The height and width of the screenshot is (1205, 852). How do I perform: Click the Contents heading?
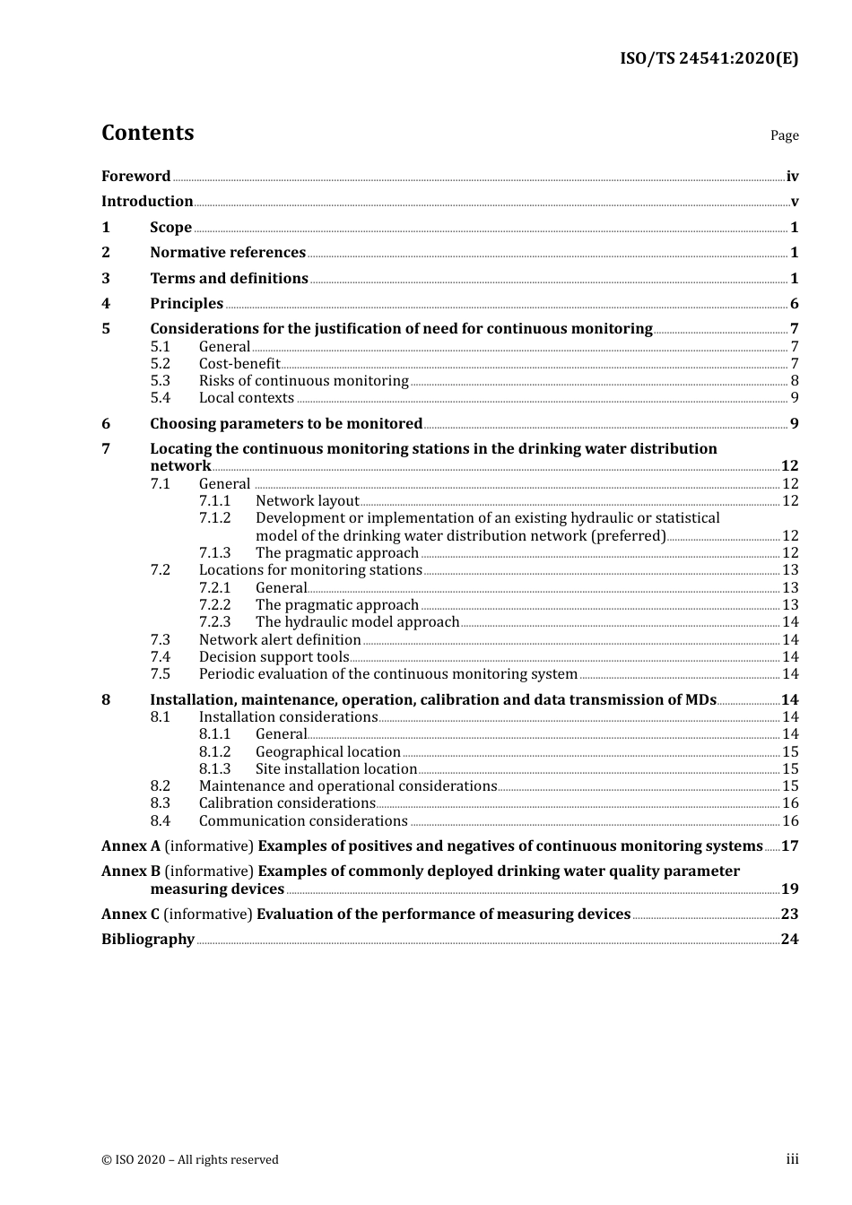(147, 133)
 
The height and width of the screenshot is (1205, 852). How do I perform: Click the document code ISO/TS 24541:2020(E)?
(709, 58)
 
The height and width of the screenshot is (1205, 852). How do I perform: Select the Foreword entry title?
(135, 176)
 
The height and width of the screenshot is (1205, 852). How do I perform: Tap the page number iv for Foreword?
(792, 176)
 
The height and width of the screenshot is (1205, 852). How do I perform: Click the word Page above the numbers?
(784, 135)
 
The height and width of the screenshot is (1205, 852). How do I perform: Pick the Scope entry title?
(170, 227)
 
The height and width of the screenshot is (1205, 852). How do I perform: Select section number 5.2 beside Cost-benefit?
(160, 363)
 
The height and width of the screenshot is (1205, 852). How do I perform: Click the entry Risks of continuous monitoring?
(303, 380)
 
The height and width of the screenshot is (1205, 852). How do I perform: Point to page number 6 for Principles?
(794, 303)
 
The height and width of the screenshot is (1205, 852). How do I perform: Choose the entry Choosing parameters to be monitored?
(285, 423)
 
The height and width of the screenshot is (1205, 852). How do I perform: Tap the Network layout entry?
(307, 500)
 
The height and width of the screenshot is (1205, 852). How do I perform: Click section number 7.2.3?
(214, 621)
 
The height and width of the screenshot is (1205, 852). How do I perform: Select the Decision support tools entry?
(274, 656)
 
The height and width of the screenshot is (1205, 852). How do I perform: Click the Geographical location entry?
(327, 751)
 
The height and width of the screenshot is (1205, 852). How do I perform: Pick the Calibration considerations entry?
(286, 802)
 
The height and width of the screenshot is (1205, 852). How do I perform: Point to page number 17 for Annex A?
(789, 845)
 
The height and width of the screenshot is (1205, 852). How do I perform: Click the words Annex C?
(130, 914)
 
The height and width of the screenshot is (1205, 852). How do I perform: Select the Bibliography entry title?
(148, 939)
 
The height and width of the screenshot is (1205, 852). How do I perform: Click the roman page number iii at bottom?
(792, 1158)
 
